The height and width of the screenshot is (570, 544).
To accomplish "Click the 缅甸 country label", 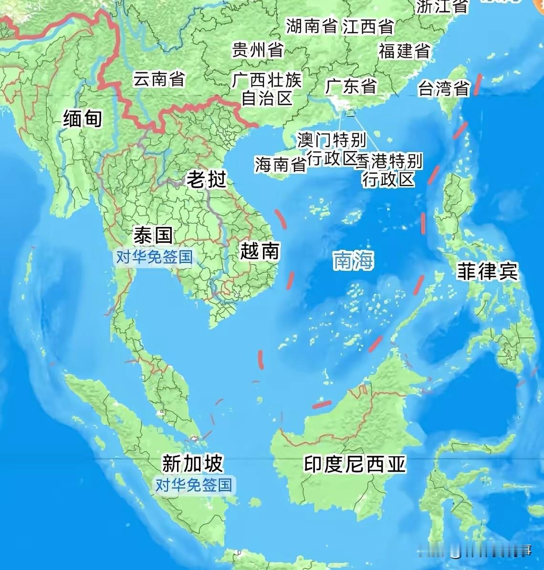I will (83, 118).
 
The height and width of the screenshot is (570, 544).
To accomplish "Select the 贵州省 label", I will (258, 50).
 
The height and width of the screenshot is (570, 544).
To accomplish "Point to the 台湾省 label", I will (444, 89).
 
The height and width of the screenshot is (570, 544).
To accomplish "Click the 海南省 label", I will (280, 165).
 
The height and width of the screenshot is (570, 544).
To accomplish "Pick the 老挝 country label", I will (206, 180).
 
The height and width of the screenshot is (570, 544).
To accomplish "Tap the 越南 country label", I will (259, 250).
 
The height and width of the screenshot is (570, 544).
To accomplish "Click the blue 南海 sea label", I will (353, 261).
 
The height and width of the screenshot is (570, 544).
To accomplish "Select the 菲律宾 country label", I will (487, 271).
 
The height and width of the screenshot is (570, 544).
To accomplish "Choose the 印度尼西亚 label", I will (355, 464).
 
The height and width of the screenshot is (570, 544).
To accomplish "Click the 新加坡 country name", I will (192, 463).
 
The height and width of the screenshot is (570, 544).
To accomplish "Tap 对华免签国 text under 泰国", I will (154, 257).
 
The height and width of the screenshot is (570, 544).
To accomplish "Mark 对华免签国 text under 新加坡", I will (193, 485).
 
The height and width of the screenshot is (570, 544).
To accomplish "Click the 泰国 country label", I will (153, 235).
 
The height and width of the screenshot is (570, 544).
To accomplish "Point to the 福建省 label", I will (405, 51).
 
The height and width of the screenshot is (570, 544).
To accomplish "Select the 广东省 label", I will (351, 86).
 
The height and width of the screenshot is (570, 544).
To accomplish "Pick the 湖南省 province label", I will (312, 26).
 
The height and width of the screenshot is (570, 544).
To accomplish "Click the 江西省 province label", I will (368, 27).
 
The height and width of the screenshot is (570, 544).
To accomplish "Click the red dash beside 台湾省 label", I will (477, 85).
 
